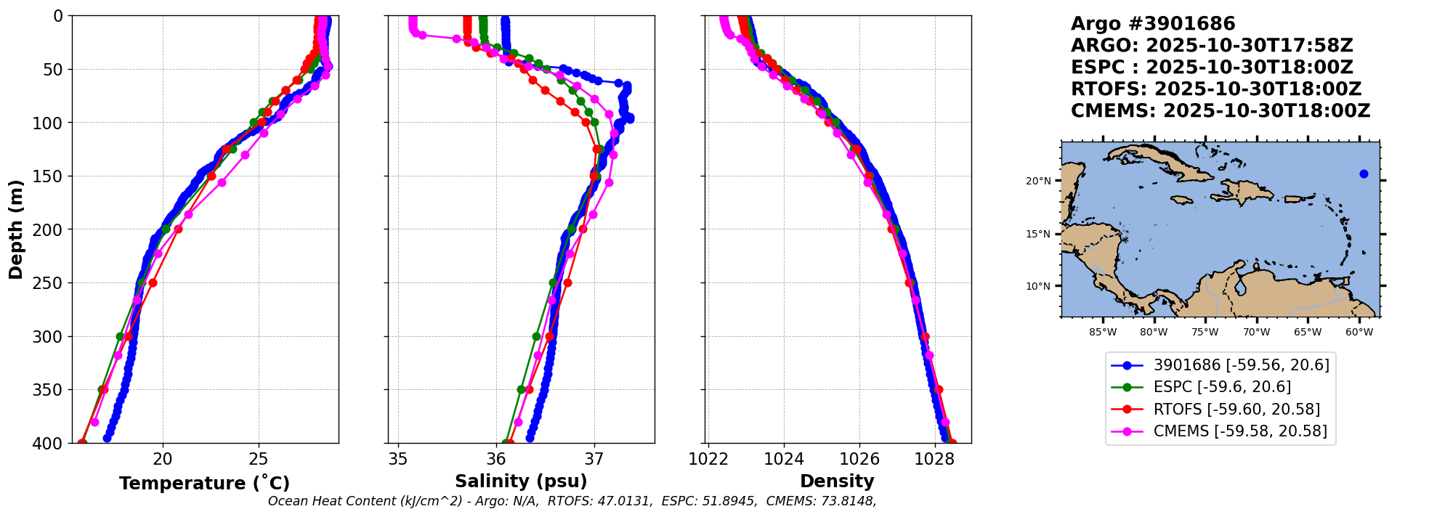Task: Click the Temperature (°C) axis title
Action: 204,483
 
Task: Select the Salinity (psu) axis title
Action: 521,481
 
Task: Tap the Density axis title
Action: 837,481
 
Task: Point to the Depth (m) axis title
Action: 16,229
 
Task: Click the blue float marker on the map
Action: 1364,174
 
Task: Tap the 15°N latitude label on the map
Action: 1038,234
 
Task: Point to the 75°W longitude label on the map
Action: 1205,333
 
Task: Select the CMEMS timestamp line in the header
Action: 1220,111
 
